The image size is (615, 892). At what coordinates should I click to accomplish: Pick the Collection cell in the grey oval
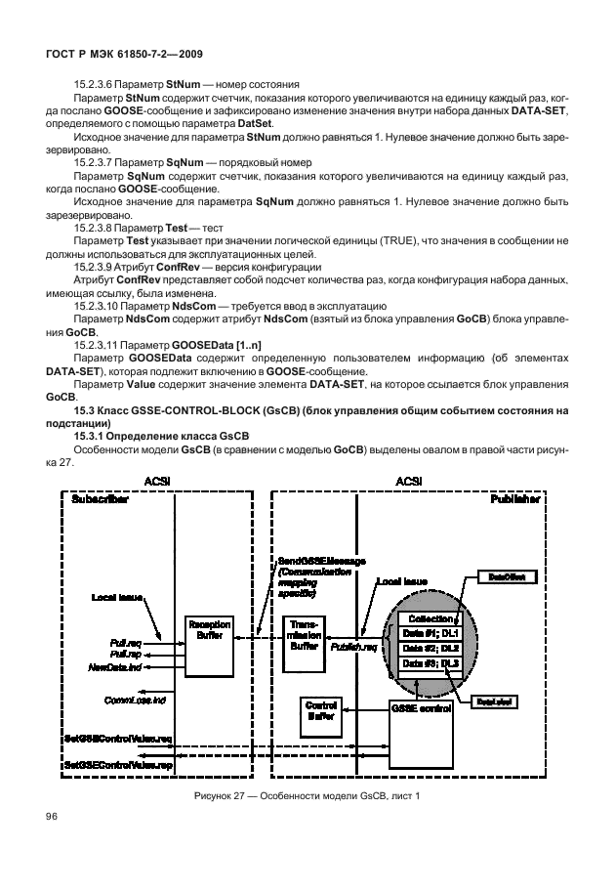pos(429,617)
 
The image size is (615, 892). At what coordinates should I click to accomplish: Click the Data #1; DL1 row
pos(429,632)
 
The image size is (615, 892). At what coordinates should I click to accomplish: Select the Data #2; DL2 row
pos(429,648)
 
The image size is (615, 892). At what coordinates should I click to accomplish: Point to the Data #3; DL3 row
pos(429,664)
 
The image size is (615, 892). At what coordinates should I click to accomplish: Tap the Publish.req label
pos(351,647)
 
